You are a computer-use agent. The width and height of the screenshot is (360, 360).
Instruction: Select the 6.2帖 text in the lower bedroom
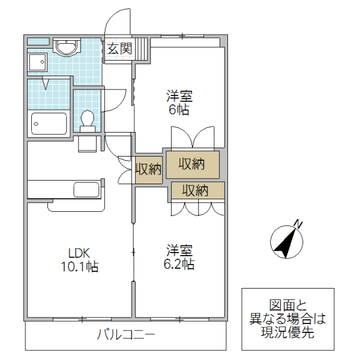179,263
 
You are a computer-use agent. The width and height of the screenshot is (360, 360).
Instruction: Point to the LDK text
77,253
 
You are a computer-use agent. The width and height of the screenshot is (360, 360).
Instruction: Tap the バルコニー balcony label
126,335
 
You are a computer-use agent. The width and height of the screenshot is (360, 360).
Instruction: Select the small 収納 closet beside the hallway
148,169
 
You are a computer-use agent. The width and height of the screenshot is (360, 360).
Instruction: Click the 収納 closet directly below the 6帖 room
192,163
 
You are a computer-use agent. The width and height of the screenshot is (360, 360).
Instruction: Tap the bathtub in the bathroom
49,124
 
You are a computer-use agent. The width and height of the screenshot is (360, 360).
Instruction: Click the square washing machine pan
38,62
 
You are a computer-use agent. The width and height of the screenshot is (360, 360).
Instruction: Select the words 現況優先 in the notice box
287,333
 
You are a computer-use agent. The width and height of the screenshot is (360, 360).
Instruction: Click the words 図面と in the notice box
287,304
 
